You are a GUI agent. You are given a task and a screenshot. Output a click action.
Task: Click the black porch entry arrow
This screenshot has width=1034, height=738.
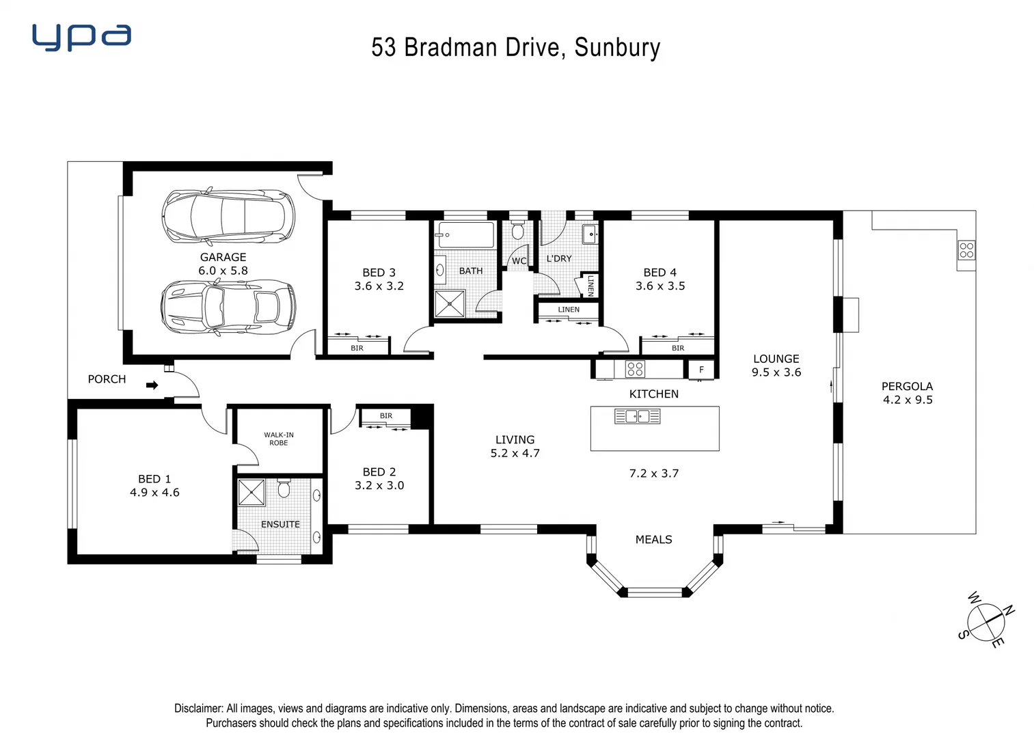click(x=152, y=385)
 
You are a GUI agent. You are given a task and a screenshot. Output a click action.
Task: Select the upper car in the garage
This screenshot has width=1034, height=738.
click(x=228, y=215)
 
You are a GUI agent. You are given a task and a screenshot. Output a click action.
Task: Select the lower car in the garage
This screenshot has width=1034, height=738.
click(x=228, y=307)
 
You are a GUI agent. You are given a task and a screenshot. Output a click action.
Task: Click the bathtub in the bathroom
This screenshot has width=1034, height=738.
click(x=465, y=235)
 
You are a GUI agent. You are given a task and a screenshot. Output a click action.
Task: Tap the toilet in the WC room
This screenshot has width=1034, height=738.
click(x=518, y=230)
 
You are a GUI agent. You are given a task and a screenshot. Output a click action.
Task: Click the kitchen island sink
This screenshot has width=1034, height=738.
click(x=637, y=415)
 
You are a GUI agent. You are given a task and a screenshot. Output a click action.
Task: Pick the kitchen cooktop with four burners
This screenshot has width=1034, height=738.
click(x=635, y=369)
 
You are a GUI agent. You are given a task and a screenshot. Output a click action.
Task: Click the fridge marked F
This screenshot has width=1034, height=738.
click(x=701, y=370)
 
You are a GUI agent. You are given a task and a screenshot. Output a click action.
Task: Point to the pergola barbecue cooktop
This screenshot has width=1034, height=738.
click(x=966, y=249)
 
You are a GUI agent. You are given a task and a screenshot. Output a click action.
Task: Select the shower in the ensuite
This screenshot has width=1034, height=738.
click(x=251, y=492)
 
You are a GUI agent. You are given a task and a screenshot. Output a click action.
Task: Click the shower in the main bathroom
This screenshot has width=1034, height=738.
click(x=450, y=303)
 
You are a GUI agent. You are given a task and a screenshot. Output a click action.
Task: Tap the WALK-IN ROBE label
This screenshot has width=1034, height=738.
click(x=279, y=439)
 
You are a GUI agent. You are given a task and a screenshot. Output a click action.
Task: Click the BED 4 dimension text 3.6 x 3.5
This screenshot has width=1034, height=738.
click(x=660, y=286)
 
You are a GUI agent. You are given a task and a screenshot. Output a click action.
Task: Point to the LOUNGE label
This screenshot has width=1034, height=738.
click(x=776, y=359)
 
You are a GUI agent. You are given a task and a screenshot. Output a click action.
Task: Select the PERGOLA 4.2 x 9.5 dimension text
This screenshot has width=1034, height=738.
click(x=908, y=400)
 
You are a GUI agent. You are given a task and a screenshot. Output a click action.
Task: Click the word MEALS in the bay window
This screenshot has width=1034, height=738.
click(x=653, y=539)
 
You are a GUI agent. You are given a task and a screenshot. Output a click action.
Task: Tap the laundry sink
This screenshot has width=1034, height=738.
click(x=589, y=234)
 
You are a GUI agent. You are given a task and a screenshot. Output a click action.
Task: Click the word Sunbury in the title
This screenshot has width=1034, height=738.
click(x=617, y=47)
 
